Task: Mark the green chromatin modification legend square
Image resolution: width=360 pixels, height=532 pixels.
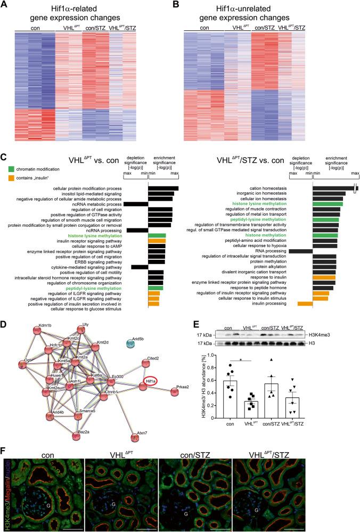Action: click(10, 169)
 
